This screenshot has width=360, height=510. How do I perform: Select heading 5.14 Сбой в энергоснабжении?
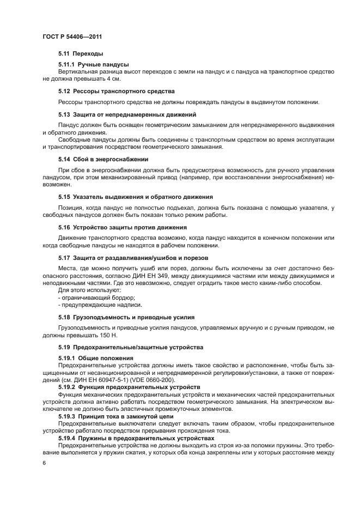pyautogui.click(x=103, y=159)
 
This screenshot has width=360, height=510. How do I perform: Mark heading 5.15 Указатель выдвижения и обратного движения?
pyautogui.click(x=135, y=196)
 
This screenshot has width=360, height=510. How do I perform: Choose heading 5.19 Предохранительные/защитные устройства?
pyautogui.click(x=130, y=347)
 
